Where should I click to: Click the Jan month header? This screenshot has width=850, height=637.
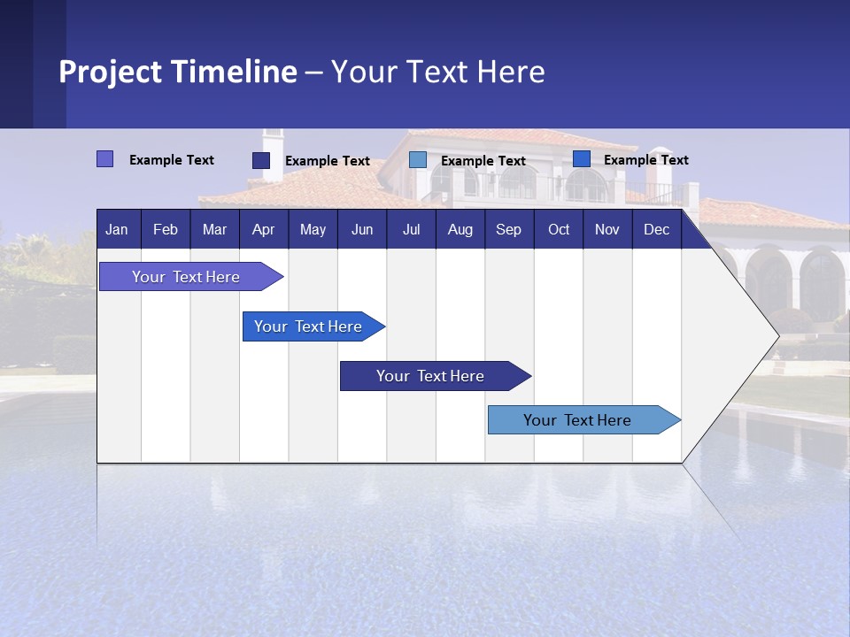click(x=117, y=229)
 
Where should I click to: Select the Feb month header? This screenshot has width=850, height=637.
click(x=166, y=229)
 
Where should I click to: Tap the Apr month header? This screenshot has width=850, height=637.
click(x=263, y=229)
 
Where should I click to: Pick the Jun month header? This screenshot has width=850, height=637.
click(x=362, y=229)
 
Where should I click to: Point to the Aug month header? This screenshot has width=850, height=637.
click(x=460, y=229)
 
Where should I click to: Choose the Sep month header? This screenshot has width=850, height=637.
click(x=508, y=229)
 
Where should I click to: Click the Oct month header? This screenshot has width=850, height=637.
click(x=559, y=229)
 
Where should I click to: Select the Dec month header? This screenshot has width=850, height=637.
click(x=656, y=229)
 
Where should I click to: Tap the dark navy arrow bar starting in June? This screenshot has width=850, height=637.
click(x=431, y=376)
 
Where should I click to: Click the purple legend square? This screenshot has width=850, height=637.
click(x=105, y=159)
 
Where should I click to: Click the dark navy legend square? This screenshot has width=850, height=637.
click(x=261, y=160)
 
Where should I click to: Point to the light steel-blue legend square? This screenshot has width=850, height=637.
click(x=418, y=160)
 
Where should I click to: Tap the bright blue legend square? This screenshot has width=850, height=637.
click(x=582, y=159)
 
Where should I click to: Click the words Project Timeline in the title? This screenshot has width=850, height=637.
click(x=178, y=72)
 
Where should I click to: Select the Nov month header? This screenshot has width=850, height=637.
click(x=607, y=229)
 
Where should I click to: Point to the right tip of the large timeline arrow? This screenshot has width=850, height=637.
click(x=777, y=335)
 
